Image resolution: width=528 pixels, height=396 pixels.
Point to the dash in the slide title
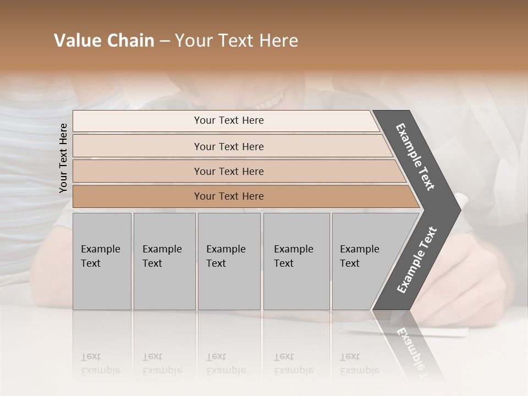[164, 41]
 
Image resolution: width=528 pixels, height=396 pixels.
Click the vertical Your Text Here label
[63, 158]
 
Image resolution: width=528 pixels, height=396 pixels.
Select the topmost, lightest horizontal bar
[226, 120]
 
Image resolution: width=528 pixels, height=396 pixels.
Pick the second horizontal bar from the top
[229, 146]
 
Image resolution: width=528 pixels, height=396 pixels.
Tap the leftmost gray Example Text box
[102, 261]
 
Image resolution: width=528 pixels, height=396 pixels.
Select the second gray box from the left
[164, 261]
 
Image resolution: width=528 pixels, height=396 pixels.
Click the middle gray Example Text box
[229, 261]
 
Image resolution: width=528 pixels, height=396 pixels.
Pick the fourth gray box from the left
[296, 261]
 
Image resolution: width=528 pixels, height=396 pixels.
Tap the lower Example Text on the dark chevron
[417, 260]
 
